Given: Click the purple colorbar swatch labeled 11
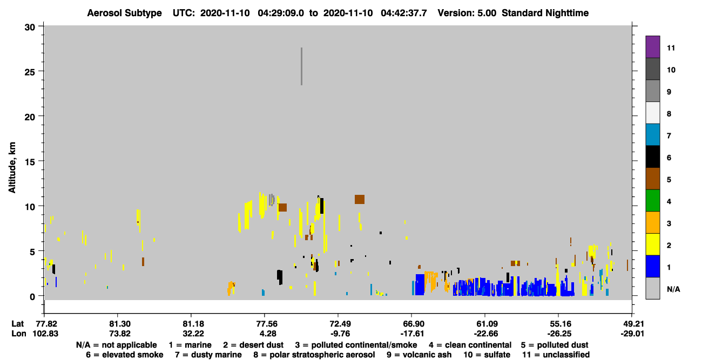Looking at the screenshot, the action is (652, 47).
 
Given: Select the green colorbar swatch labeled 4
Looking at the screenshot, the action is (652, 201).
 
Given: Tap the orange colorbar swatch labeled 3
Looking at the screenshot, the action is (652, 222).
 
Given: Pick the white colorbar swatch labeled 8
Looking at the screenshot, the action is (652, 113).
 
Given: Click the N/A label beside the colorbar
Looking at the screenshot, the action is (673, 289).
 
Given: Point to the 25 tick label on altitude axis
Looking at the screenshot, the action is (30, 72).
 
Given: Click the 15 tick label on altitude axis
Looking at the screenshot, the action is (30, 162).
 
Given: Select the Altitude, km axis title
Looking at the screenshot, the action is (12, 167).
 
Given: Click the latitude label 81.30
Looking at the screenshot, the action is (120, 324).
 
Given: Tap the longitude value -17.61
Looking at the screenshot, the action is (412, 334).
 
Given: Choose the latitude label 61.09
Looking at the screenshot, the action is (487, 324).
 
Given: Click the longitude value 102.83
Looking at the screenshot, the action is (45, 334).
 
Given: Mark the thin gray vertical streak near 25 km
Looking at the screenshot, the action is (301, 66).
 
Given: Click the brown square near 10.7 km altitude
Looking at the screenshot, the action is (360, 200).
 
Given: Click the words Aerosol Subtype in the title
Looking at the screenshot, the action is (124, 13).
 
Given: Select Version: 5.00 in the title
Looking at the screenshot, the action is (467, 13).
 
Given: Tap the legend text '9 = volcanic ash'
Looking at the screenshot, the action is (419, 355).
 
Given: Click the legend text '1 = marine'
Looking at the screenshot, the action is (190, 345).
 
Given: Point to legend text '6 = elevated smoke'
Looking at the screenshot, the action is (125, 355).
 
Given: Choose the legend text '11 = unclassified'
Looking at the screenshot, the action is (556, 355).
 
